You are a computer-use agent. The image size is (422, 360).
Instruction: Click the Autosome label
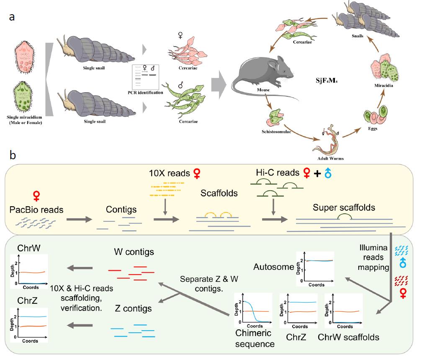273,266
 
